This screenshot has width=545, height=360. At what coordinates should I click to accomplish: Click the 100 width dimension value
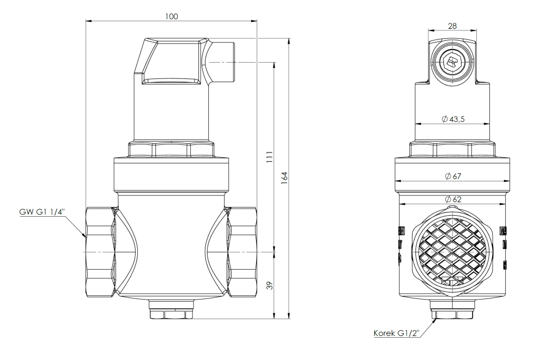[x=172, y=16]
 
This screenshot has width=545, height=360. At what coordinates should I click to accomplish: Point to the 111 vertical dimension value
[x=269, y=157]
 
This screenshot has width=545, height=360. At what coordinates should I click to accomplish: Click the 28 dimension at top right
[x=452, y=26]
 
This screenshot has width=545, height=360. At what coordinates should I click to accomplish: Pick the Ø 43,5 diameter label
[x=452, y=119]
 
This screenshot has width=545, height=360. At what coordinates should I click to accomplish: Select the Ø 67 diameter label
[x=452, y=176]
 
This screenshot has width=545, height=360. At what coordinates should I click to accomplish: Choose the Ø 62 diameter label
[x=452, y=200]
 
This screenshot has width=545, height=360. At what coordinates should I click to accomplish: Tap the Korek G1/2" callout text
[x=395, y=333]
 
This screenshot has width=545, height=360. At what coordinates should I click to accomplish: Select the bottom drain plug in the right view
[x=452, y=314]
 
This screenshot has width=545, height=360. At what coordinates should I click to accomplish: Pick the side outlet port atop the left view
[x=220, y=63]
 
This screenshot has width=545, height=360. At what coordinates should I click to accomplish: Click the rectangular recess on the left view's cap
[x=171, y=81]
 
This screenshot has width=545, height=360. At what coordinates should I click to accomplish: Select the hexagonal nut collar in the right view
[x=452, y=150]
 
